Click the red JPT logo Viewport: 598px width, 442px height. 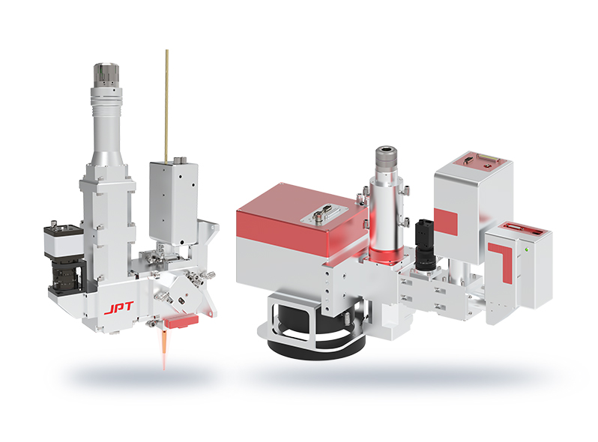click(x=118, y=308)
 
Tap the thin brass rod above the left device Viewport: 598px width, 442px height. click(x=166, y=106)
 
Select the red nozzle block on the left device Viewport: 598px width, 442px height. click(x=181, y=321)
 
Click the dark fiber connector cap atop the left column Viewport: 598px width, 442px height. click(x=106, y=76)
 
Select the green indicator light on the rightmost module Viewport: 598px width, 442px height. click(x=527, y=250)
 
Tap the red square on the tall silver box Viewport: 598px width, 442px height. click(x=446, y=222)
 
